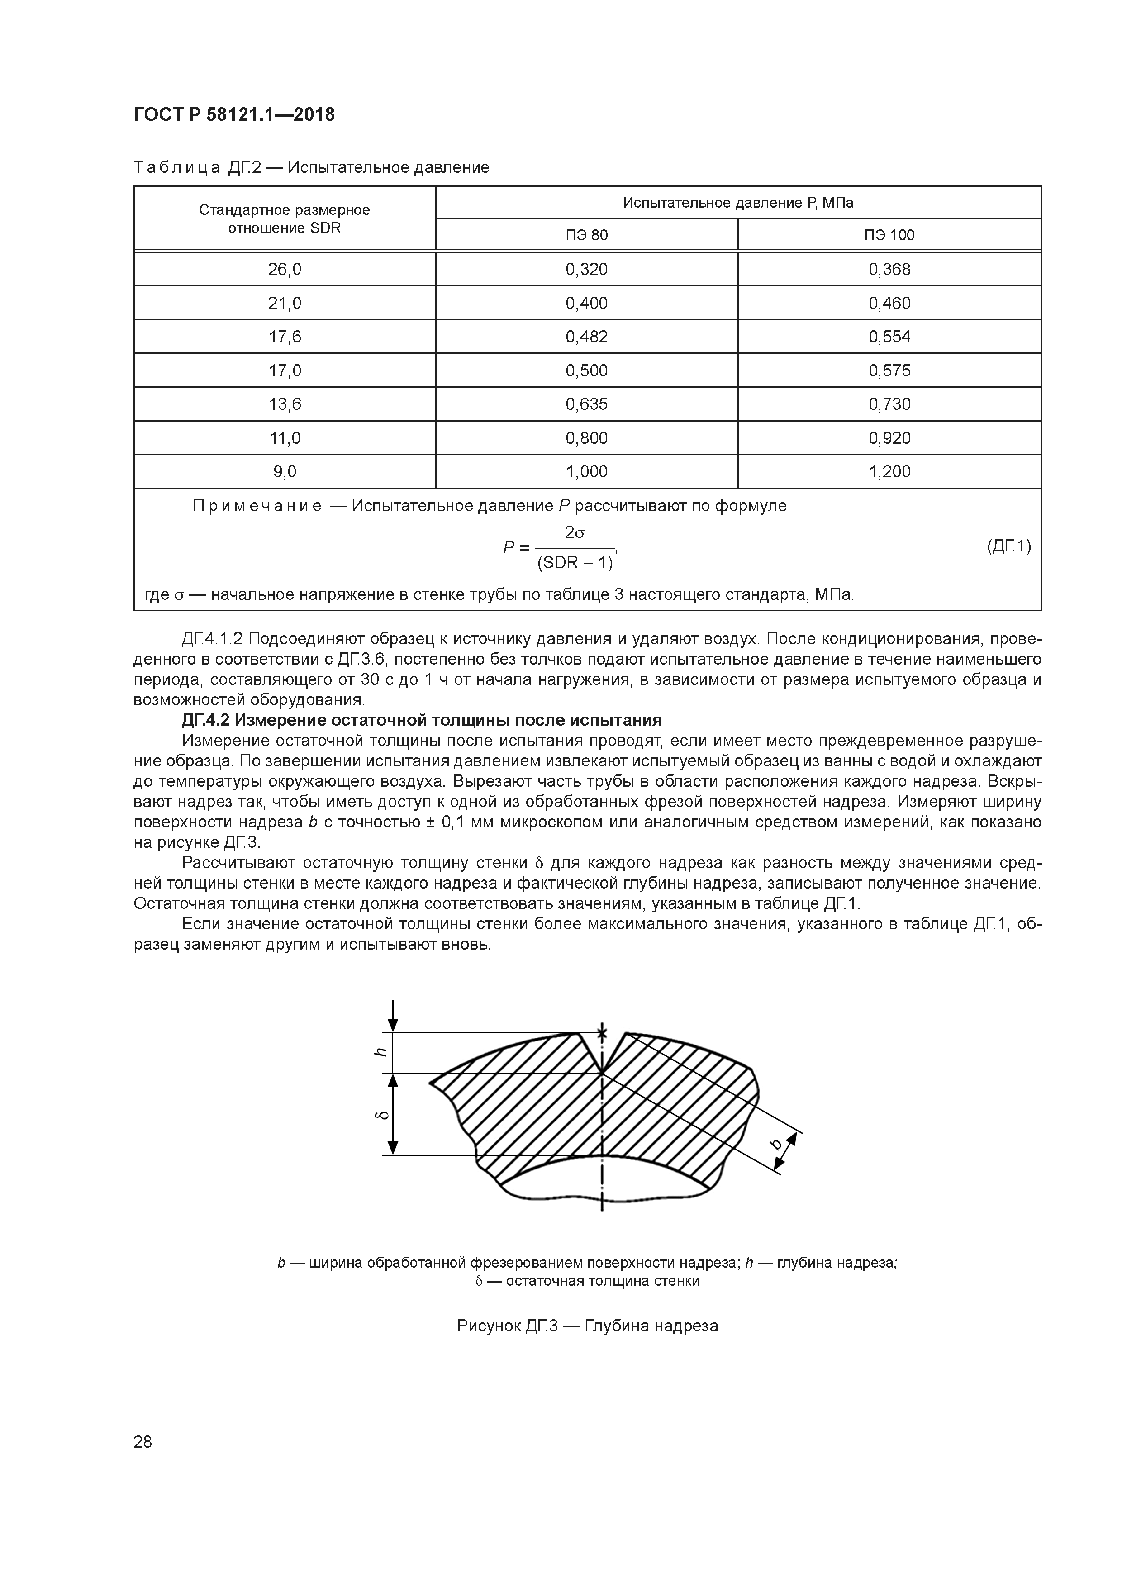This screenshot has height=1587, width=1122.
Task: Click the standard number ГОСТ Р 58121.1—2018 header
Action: tap(233, 115)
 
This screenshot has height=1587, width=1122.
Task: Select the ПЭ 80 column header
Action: tap(586, 235)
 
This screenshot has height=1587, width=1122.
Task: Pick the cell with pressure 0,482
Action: tap(586, 337)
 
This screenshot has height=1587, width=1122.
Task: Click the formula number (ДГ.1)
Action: tap(1008, 547)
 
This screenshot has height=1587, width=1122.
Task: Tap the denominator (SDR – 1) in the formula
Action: tap(575, 563)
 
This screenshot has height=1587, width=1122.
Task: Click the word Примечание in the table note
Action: tap(257, 506)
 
